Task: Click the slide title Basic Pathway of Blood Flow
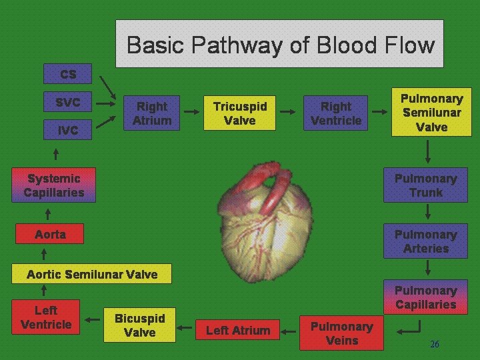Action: pos(280,45)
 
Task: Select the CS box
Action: pos(68,74)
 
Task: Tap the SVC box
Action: pos(68,103)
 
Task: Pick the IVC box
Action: pos(67,131)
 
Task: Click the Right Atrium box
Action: pos(152,113)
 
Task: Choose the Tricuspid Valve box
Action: pos(240,113)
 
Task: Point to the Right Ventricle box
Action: pos(336,113)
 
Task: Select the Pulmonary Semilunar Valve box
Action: pos(431,113)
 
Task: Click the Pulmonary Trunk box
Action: pos(425,186)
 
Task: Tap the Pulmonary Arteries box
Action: pos(425,242)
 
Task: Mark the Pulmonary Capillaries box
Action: pos(425,298)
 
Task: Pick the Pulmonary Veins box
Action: pos(342,333)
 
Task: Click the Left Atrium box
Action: pos(238,330)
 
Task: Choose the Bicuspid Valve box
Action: pos(140,325)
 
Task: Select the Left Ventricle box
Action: pos(46,317)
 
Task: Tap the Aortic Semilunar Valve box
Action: pos(92,274)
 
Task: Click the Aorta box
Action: pos(51,234)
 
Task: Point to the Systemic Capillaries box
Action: pos(54,186)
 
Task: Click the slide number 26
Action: pos(435,344)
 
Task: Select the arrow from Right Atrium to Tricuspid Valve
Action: pos(191,113)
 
